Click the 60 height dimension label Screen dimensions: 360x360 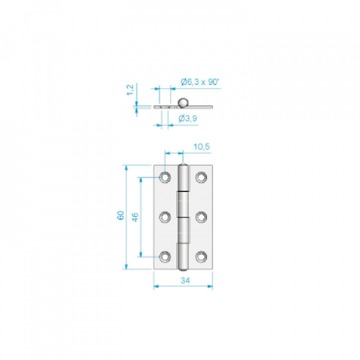(x=120, y=215)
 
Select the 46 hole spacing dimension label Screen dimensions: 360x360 (x=135, y=217)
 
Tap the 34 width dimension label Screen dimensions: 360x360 (x=185, y=280)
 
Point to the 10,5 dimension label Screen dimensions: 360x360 (x=201, y=146)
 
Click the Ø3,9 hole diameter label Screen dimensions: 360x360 (x=188, y=118)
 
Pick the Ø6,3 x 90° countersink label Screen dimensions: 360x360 (x=200, y=81)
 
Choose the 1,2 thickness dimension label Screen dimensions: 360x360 (x=130, y=90)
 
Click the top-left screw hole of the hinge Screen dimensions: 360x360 (x=165, y=177)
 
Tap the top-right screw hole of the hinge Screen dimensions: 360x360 (x=201, y=177)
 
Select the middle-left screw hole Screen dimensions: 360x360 (x=165, y=217)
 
